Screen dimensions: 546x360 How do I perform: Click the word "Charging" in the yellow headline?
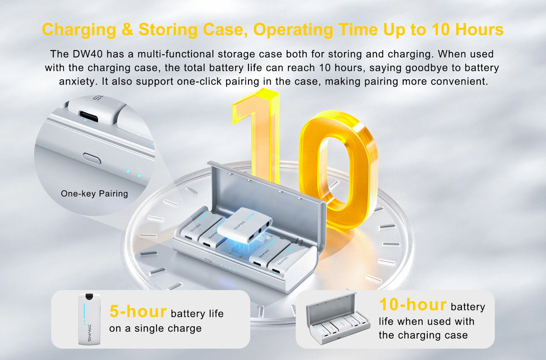pos(79,30)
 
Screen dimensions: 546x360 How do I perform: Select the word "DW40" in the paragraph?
pos(87,54)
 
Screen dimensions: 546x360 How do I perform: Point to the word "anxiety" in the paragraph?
pos(78,81)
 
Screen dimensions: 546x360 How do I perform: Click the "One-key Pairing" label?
pos(94,193)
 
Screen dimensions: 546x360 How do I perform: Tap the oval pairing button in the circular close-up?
pos(91,159)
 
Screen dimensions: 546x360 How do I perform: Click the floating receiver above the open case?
pos(244,225)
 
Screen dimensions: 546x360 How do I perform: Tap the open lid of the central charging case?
pos(267,195)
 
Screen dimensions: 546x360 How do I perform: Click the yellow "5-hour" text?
pos(138,311)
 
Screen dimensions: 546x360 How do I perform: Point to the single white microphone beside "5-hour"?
pos(89,319)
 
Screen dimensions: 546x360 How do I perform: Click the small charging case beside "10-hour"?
pos(338,319)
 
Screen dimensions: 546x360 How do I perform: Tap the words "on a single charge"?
pos(155,328)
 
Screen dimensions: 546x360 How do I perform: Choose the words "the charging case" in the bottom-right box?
pos(423,335)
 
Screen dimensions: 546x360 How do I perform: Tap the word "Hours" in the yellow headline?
pos(479,30)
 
